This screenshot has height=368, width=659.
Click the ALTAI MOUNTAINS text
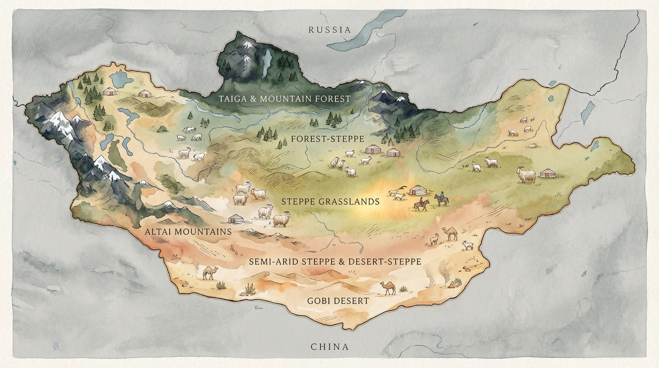point(188,232)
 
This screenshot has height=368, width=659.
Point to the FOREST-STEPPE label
point(327,139)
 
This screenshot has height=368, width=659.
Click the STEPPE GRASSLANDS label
point(330,202)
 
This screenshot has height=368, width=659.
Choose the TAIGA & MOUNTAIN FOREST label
point(284,99)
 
